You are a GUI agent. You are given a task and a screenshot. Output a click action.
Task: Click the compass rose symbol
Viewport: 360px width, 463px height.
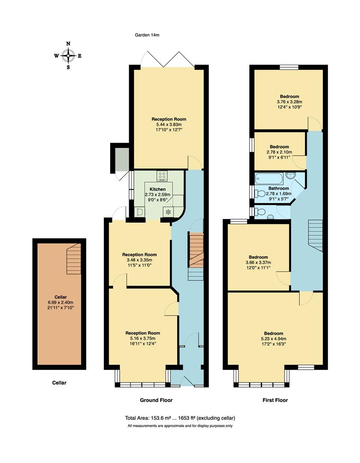tap(68, 55)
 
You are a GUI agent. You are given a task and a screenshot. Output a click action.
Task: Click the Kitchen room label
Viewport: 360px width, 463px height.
tap(157, 189)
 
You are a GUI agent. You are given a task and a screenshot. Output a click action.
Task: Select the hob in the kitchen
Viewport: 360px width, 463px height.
tap(163, 175)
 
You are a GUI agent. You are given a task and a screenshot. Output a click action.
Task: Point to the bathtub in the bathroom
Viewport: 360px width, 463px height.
tap(269, 178)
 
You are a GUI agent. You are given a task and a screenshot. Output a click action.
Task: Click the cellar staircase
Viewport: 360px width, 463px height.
tap(74, 259)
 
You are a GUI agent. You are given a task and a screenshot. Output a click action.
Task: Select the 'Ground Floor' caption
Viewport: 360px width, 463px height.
tap(156, 400)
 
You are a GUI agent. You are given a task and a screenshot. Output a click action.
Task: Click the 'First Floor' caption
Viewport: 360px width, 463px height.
tap(275, 400)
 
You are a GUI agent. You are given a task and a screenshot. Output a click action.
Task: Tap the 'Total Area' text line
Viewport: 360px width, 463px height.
tap(180, 418)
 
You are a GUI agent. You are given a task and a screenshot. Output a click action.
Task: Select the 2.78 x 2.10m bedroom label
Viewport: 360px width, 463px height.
tap(279, 152)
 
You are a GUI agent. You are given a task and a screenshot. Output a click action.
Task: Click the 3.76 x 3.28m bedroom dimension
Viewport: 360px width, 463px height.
tap(289, 102)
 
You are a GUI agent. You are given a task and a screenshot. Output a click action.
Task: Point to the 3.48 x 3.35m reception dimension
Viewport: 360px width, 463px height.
tap(139, 260)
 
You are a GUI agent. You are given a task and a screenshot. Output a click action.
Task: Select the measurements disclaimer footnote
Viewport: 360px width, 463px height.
tap(180, 426)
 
